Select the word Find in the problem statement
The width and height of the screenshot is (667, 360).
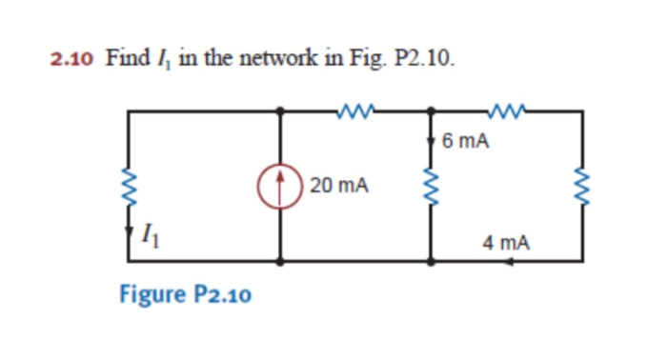coord(122,59)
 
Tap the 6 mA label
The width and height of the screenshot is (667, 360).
coord(467,142)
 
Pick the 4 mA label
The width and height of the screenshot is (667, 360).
coord(506,243)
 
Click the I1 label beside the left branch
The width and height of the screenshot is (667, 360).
coord(150,230)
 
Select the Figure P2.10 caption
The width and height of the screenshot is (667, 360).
coord(185,293)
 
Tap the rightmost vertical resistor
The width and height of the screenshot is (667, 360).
coord(582,185)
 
